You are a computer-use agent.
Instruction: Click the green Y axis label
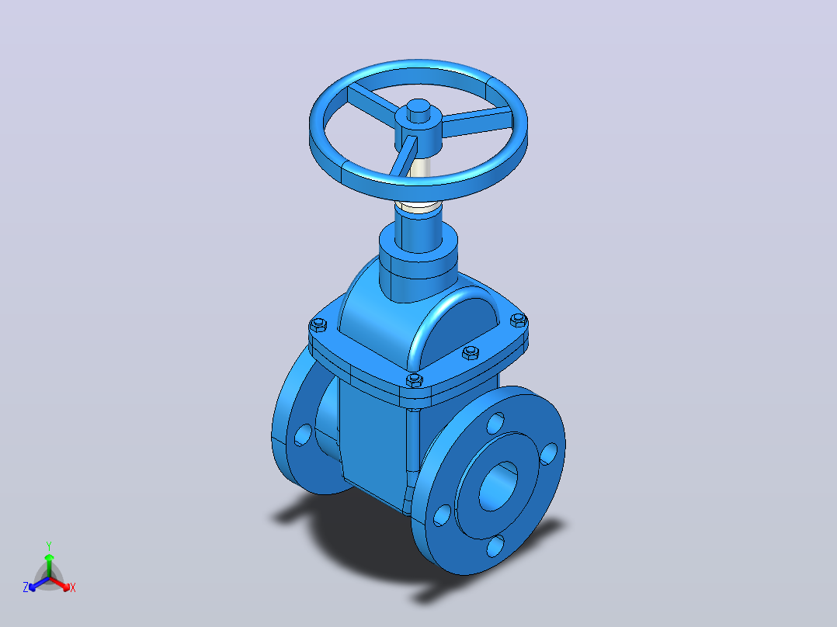pyautogui.click(x=49, y=546)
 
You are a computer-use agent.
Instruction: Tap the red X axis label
pyautogui.click(x=73, y=587)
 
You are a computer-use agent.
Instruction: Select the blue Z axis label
pyautogui.click(x=25, y=587)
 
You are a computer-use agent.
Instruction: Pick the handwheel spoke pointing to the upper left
pyautogui.click(x=373, y=102)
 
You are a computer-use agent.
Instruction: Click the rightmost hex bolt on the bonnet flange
pyautogui.click(x=519, y=320)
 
